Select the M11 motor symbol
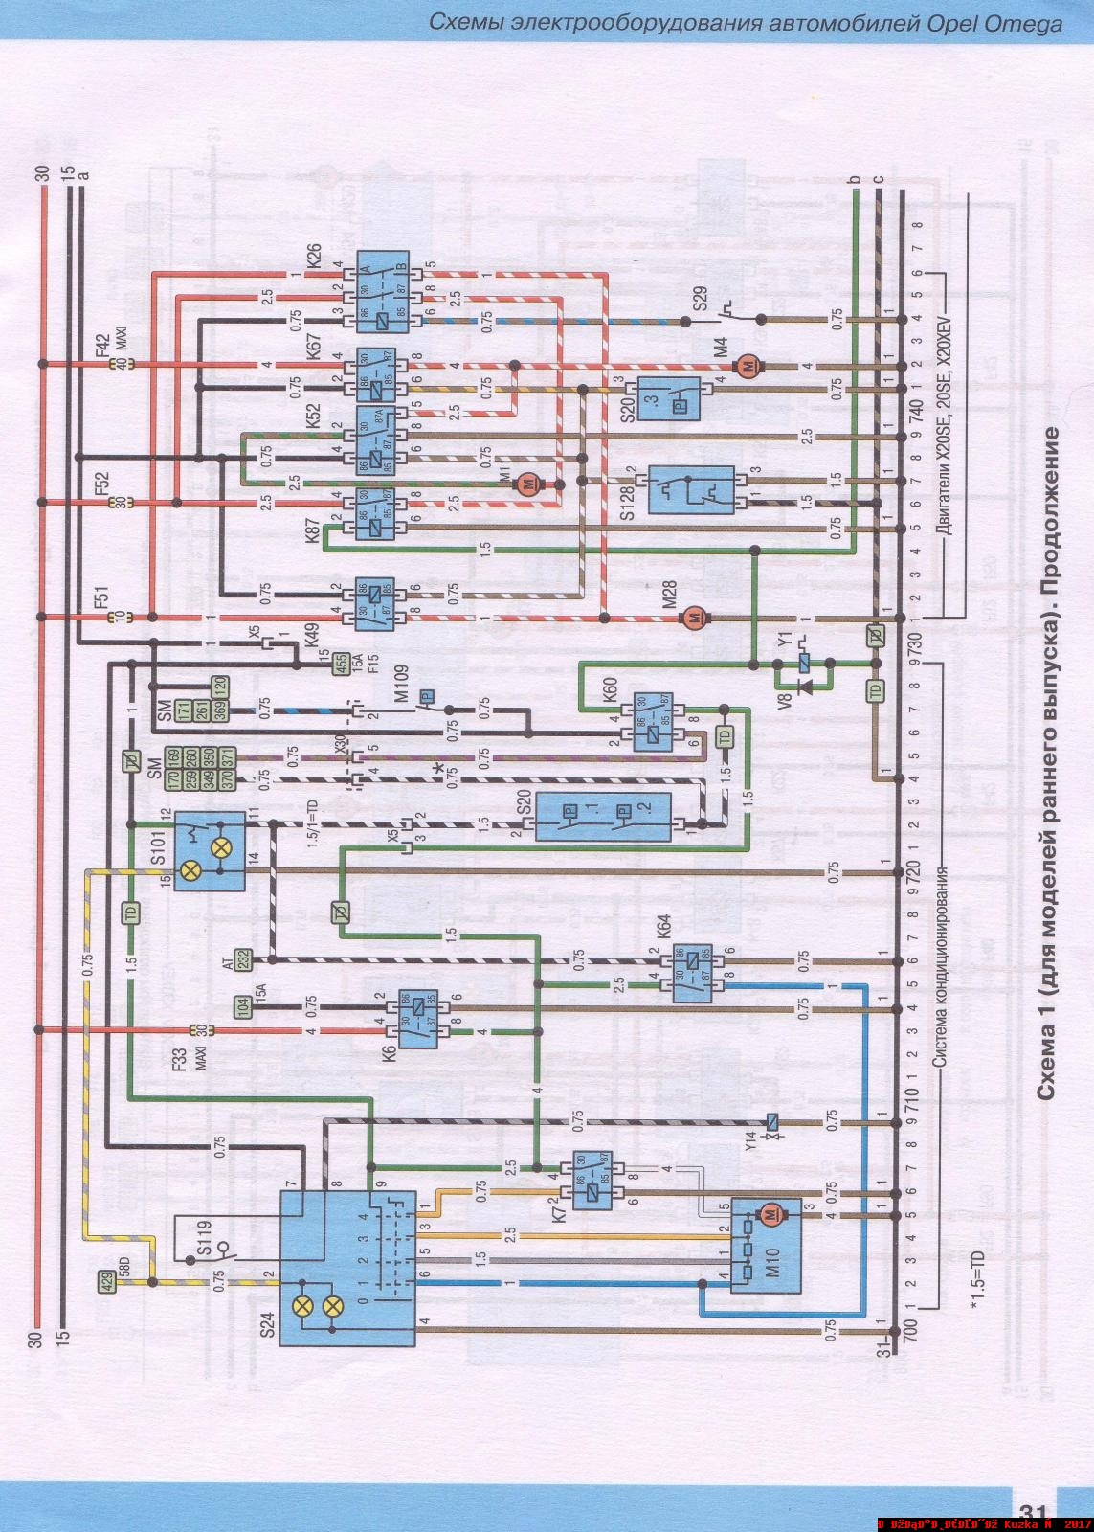pos(527,484)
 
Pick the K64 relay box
pos(691,973)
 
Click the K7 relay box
pos(593,1181)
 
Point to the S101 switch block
pos(209,850)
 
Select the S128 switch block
pos(690,489)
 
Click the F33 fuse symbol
pos(200,1030)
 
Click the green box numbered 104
pos(244,1005)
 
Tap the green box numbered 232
pos(242,958)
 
